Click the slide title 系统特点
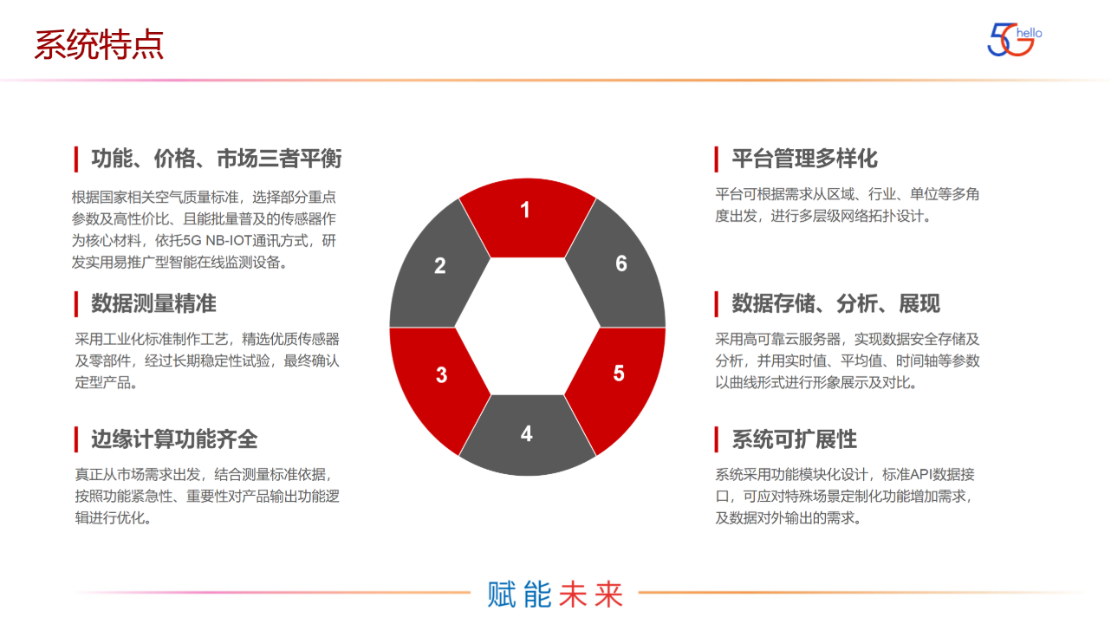(x=99, y=45)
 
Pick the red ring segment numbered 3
(x=438, y=381)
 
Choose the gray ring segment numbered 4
(x=527, y=438)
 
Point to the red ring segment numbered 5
(x=618, y=381)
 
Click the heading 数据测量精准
(x=153, y=303)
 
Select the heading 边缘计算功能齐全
(x=174, y=439)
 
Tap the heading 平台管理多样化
(x=804, y=159)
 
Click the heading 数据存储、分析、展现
(x=835, y=303)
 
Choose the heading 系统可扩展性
(x=794, y=439)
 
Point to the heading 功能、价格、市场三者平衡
(x=216, y=159)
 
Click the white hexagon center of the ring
(x=527, y=327)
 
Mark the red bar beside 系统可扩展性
(x=717, y=439)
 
